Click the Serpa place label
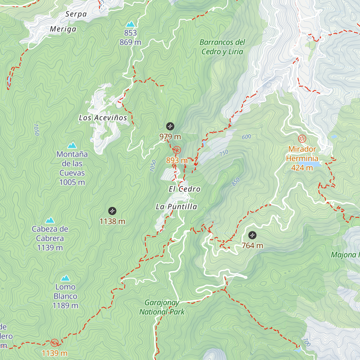[x=76, y=14]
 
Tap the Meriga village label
[x=63, y=29]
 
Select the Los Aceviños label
[x=103, y=118]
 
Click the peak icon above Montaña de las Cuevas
[x=72, y=146]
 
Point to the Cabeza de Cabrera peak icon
[x=50, y=220]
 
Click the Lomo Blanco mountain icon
[x=65, y=278]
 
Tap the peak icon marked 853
[x=130, y=24]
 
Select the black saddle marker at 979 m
[x=170, y=126]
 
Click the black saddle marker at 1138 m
[x=112, y=211]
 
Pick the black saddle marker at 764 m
[x=252, y=235]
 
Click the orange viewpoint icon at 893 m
[x=177, y=150]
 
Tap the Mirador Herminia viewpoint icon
[x=302, y=139]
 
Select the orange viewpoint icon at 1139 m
[x=54, y=343]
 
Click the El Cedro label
[x=184, y=189]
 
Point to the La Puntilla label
[x=176, y=207]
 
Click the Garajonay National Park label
[x=162, y=307]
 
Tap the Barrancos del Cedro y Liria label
[x=222, y=47]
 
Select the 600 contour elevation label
[x=246, y=137]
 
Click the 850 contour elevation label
[x=236, y=182]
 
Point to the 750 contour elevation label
[x=224, y=153]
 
